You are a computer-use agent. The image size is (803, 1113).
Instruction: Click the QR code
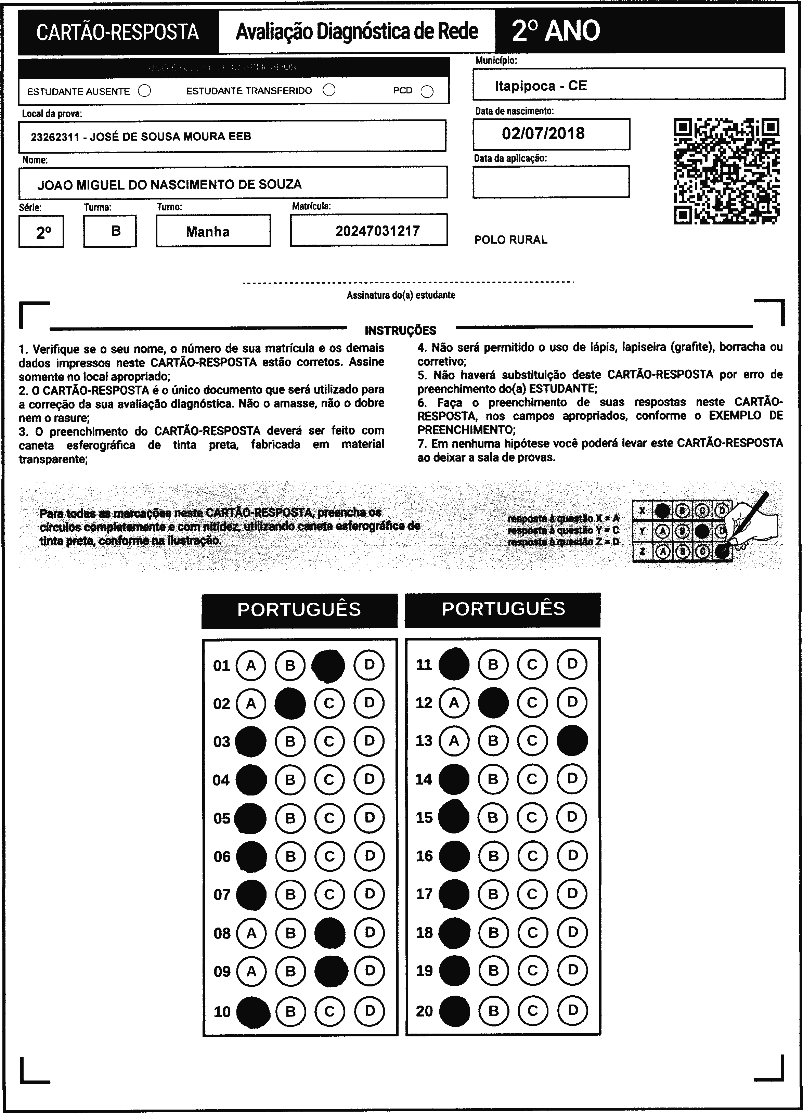point(726,171)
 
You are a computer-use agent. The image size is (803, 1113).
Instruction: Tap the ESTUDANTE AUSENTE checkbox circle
point(144,91)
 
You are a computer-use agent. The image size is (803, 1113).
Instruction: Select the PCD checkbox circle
point(427,92)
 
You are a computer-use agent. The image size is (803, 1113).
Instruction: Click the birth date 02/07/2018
point(543,133)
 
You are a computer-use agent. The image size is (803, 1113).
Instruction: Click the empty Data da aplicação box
point(551,182)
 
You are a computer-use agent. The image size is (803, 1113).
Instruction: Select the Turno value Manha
point(208,232)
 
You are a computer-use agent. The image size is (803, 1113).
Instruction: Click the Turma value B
point(116,231)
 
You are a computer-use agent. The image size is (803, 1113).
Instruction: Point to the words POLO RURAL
point(510,240)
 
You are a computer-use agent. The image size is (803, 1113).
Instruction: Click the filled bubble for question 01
point(328,665)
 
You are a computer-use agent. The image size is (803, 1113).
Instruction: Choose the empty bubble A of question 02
point(251,704)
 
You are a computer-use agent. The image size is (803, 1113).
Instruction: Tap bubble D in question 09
point(370,970)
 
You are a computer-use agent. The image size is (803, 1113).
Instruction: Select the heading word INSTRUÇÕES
point(400,330)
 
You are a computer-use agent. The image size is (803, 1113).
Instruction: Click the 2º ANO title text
point(556,31)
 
